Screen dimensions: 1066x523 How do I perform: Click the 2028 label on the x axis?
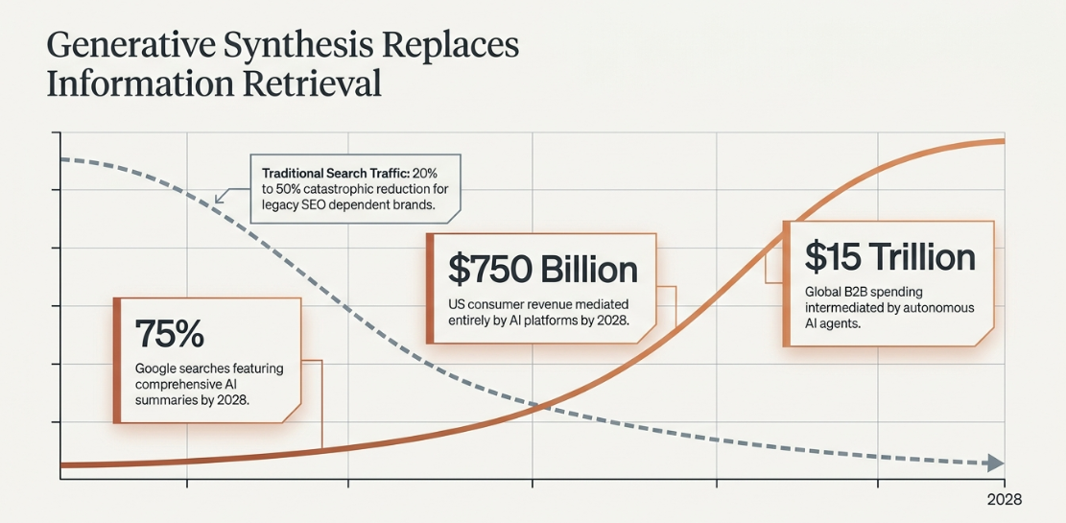(x=1005, y=500)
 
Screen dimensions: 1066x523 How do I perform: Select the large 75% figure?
(x=170, y=333)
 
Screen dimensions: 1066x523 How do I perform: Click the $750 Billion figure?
(x=543, y=270)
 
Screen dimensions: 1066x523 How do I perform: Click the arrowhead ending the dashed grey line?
(x=995, y=464)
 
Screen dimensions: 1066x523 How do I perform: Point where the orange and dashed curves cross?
(x=536, y=406)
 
